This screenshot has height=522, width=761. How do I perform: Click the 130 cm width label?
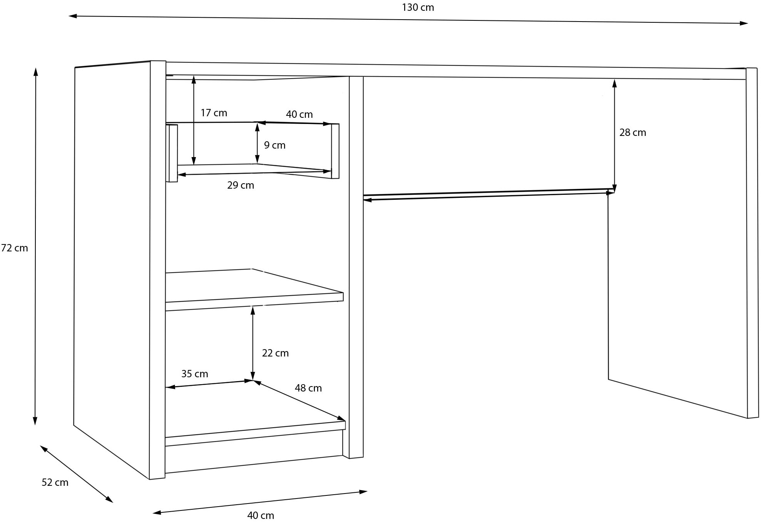click(418, 8)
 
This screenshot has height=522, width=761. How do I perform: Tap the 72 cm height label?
click(15, 248)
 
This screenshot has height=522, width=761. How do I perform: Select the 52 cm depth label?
click(55, 483)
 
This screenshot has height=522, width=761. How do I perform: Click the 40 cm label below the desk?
click(261, 515)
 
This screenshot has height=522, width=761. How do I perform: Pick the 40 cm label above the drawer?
click(299, 115)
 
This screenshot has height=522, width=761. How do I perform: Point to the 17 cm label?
click(214, 113)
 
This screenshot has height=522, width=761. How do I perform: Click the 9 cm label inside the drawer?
click(274, 146)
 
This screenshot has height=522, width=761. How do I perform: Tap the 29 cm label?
click(241, 186)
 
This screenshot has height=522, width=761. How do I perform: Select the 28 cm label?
click(632, 133)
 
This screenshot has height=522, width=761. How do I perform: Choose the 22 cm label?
click(275, 353)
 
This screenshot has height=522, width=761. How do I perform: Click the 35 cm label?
click(194, 374)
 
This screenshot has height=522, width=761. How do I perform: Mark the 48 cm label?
click(308, 388)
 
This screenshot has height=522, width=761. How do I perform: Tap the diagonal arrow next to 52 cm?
click(76, 474)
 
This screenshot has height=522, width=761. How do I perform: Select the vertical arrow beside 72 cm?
click(35, 246)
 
